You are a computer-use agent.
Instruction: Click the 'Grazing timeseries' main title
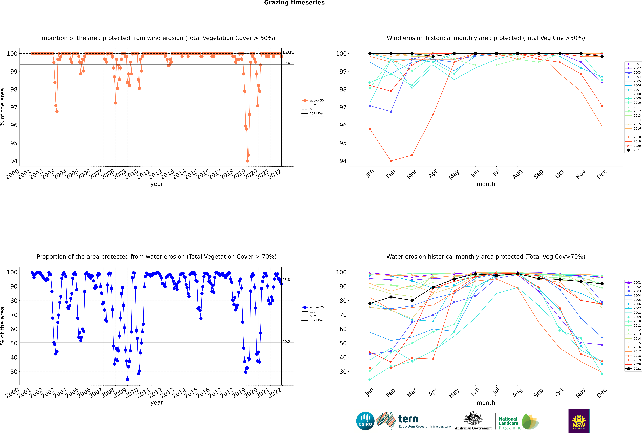294,3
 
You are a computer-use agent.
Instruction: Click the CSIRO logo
365,421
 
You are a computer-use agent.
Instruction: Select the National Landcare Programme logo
518,422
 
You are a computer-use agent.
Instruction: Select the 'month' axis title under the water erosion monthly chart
486,403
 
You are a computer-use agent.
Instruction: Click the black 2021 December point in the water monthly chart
602,284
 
